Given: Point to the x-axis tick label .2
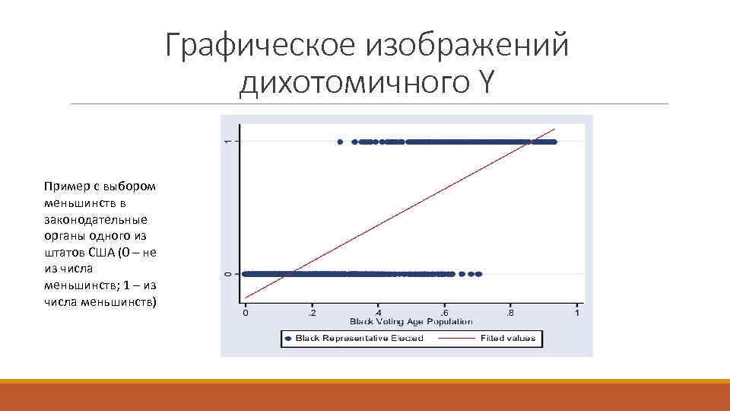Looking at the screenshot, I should pyautogui.click(x=312, y=313).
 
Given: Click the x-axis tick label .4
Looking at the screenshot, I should pyautogui.click(x=378, y=313).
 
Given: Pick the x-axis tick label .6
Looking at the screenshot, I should pyautogui.click(x=445, y=313).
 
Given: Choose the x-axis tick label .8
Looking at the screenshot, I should pyautogui.click(x=511, y=313).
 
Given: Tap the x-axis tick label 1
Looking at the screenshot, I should pyautogui.click(x=577, y=313).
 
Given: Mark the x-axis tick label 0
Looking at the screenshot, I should pyautogui.click(x=245, y=313).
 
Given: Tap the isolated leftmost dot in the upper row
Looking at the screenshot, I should pyautogui.click(x=340, y=142).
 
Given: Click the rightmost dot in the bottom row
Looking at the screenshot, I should pyautogui.click(x=479, y=273).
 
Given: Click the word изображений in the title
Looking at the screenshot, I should pyautogui.click(x=467, y=46).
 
